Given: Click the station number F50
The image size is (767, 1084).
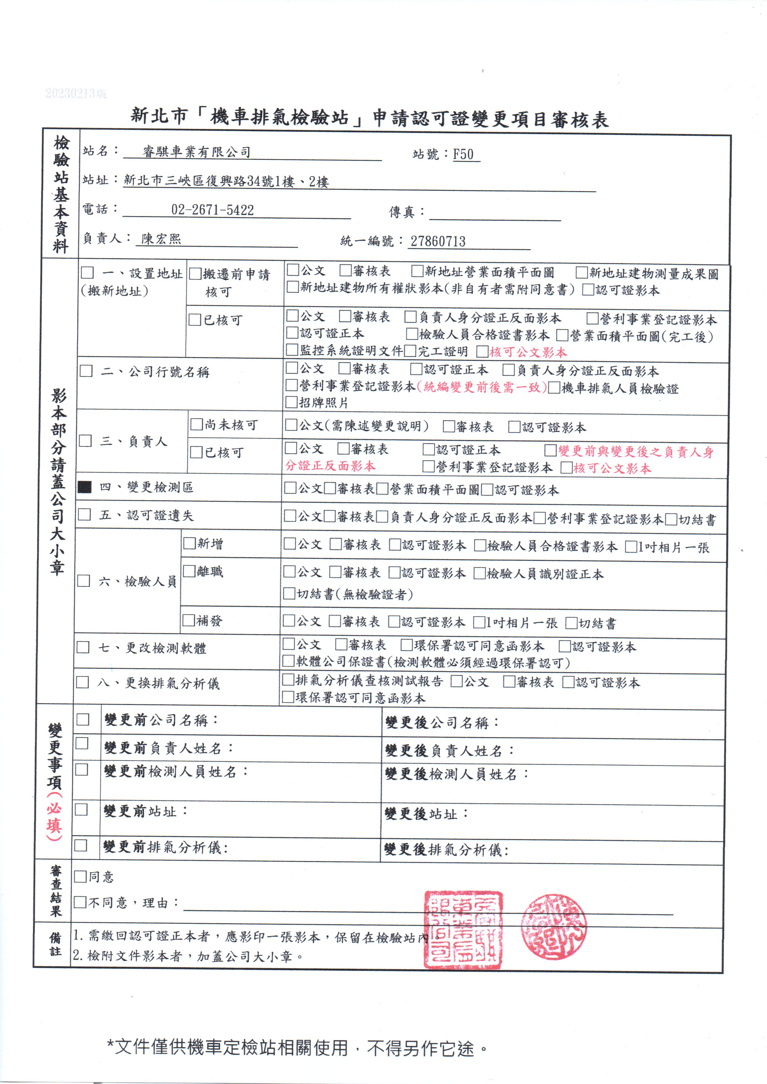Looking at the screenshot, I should coord(463,155).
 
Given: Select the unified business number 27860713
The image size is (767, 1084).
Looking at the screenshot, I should coord(438,241).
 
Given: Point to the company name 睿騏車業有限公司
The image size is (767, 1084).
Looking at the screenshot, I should coord(197,152).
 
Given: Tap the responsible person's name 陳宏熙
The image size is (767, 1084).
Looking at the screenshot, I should coord(161,239).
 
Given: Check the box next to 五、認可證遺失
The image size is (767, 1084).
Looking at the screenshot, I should coord(84,514).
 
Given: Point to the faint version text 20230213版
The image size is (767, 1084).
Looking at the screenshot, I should coord(76,93).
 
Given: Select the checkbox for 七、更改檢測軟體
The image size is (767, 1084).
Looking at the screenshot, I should coord(83,647).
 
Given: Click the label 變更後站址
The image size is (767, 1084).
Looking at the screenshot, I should coord(425,814).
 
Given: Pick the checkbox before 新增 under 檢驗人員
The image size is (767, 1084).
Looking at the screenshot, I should coord(190,543).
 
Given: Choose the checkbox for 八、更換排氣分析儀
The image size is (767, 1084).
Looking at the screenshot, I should coord(83,682).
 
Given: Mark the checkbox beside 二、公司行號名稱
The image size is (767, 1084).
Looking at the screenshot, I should coord(86,371).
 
